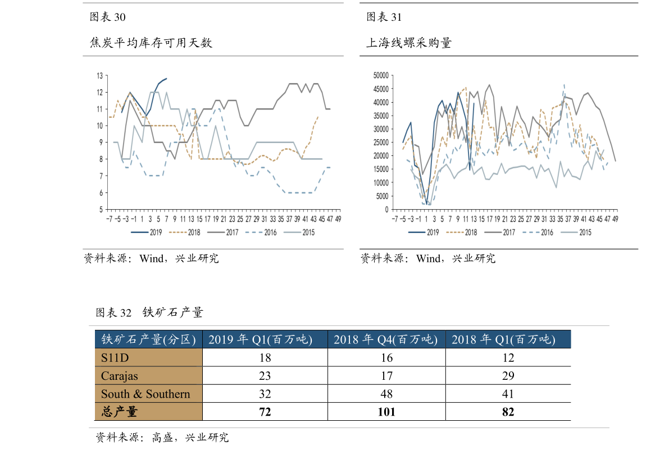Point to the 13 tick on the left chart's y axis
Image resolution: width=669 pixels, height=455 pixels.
click(x=99, y=75)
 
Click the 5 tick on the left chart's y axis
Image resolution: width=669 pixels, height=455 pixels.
click(x=101, y=209)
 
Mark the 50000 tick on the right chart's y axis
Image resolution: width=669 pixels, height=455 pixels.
click(x=381, y=75)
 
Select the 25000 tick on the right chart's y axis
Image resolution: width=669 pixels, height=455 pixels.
click(x=381, y=143)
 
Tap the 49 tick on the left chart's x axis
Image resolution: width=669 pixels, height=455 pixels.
click(x=338, y=219)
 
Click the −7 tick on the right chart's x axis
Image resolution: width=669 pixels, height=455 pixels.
click(x=395, y=219)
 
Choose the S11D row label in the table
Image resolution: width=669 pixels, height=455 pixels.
click(x=115, y=357)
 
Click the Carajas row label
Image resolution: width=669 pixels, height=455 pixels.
click(x=119, y=376)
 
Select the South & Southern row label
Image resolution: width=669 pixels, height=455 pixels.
click(x=145, y=394)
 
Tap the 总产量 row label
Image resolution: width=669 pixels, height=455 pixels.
click(x=119, y=412)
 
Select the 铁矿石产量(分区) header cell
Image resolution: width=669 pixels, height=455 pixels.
click(x=148, y=339)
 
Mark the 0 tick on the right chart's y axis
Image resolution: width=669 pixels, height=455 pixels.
click(x=386, y=209)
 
